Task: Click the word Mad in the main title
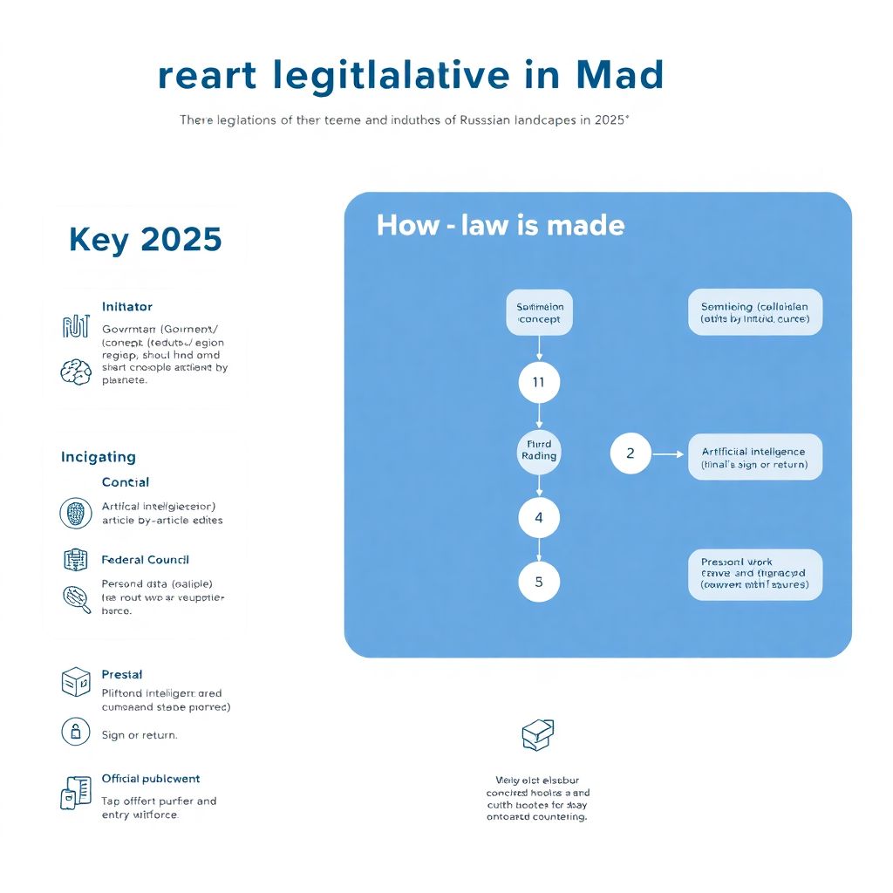pyautogui.click(x=620, y=76)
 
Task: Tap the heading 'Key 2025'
pyautogui.click(x=145, y=239)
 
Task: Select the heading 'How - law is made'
pyautogui.click(x=501, y=226)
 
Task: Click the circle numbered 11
pyautogui.click(x=538, y=382)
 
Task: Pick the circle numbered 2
pyautogui.click(x=630, y=453)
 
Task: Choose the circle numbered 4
pyautogui.click(x=538, y=517)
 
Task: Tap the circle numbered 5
pyautogui.click(x=538, y=582)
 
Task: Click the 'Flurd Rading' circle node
pyautogui.click(x=538, y=450)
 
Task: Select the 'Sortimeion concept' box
pyautogui.click(x=539, y=313)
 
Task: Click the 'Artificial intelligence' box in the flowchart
pyautogui.click(x=754, y=458)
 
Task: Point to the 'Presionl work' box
pyautogui.click(x=754, y=573)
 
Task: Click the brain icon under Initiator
pyautogui.click(x=75, y=372)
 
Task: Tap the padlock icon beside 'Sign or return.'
pyautogui.click(x=75, y=731)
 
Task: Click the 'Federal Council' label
pyautogui.click(x=145, y=560)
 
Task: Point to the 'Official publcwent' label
pyautogui.click(x=150, y=779)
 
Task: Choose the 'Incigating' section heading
pyautogui.click(x=99, y=457)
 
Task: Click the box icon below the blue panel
pyautogui.click(x=537, y=735)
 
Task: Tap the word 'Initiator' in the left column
pyautogui.click(x=126, y=307)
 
